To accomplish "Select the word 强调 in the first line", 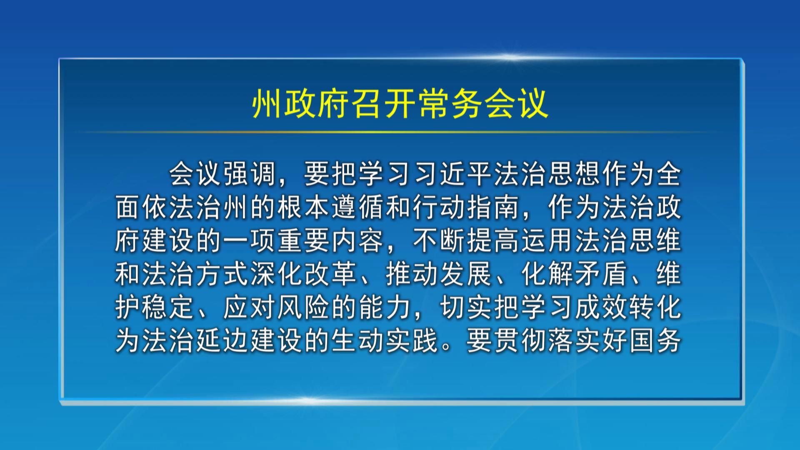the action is [x=250, y=174].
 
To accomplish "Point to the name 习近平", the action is [x=453, y=174].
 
